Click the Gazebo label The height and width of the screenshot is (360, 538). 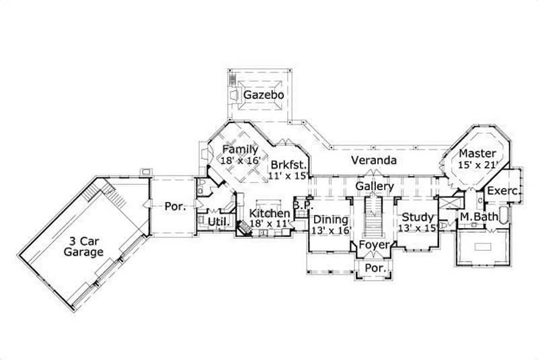click(x=264, y=96)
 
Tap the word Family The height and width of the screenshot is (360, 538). click(x=240, y=149)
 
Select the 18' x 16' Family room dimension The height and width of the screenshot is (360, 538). click(x=240, y=161)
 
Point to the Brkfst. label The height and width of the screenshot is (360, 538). click(x=289, y=164)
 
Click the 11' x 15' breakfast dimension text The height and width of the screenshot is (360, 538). click(x=289, y=176)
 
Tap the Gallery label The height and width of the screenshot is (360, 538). click(x=374, y=185)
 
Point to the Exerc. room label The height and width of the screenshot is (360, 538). click(x=504, y=191)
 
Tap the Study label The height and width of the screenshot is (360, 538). click(x=416, y=218)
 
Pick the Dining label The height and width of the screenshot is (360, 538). click(x=331, y=219)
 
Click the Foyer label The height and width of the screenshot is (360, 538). click(x=373, y=245)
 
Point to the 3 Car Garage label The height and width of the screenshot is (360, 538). click(x=84, y=246)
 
